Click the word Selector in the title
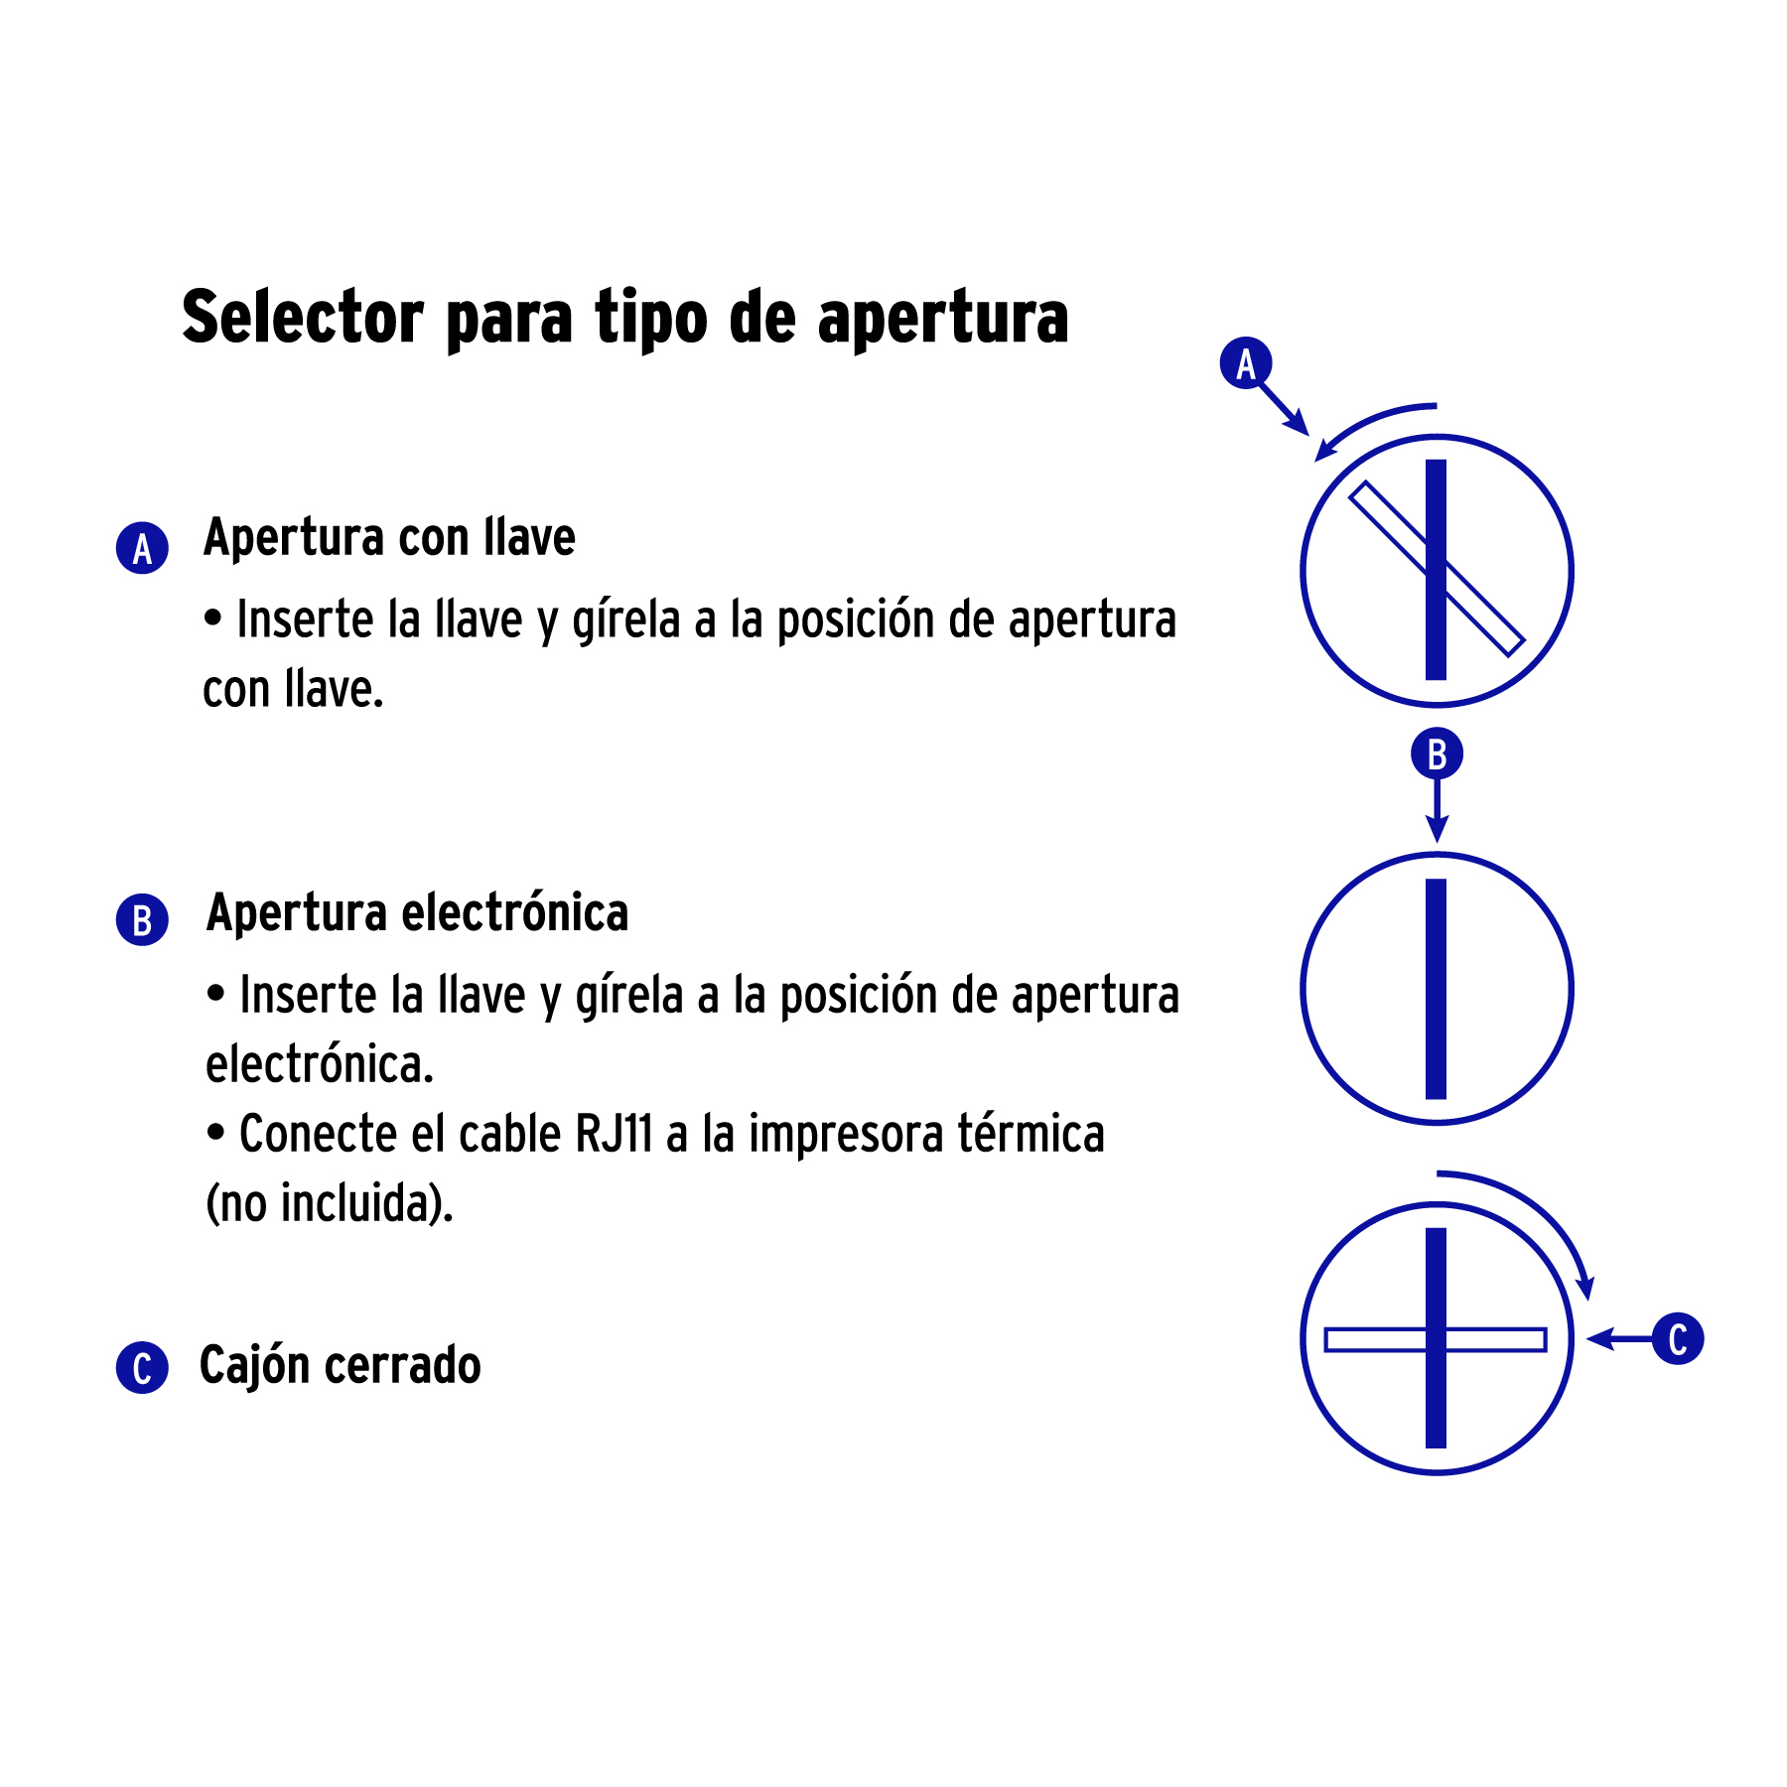click(x=303, y=318)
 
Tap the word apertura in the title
click(x=942, y=320)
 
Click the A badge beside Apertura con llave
click(x=142, y=548)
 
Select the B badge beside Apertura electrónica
click(x=142, y=919)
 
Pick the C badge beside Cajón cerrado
click(x=142, y=1368)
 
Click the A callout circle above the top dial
click(x=1245, y=363)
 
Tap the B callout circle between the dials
click(x=1437, y=755)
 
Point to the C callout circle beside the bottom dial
click(x=1678, y=1338)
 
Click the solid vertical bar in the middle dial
click(x=1437, y=989)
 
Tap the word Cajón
click(x=255, y=1366)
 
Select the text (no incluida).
click(x=330, y=1203)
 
